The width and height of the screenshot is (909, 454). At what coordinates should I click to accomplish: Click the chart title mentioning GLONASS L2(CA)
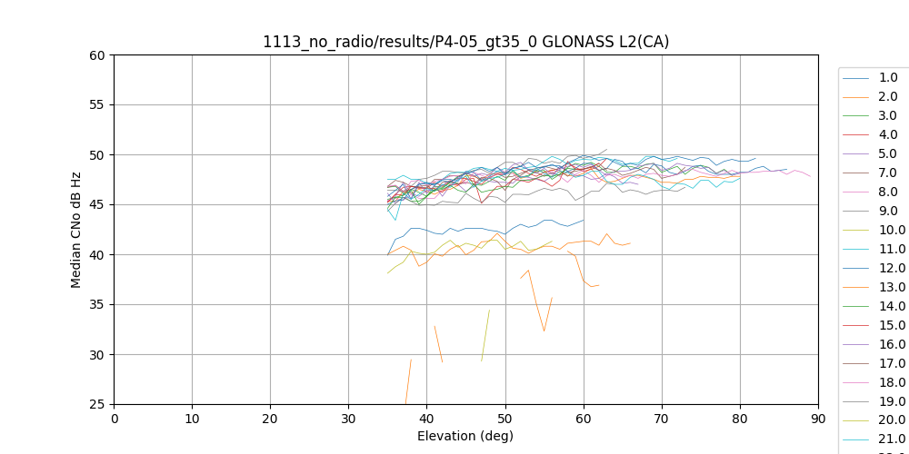point(465,42)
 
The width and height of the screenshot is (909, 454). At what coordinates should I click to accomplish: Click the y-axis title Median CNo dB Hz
point(76,230)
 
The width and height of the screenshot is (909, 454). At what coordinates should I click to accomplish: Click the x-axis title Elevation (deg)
point(465,436)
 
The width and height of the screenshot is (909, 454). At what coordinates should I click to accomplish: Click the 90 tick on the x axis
point(818,419)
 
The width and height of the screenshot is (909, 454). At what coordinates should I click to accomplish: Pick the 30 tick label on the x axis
point(348,419)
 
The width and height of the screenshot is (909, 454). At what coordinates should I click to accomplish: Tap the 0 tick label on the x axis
point(115,419)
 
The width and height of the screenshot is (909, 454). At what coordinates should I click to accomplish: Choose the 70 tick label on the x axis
point(662,419)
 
